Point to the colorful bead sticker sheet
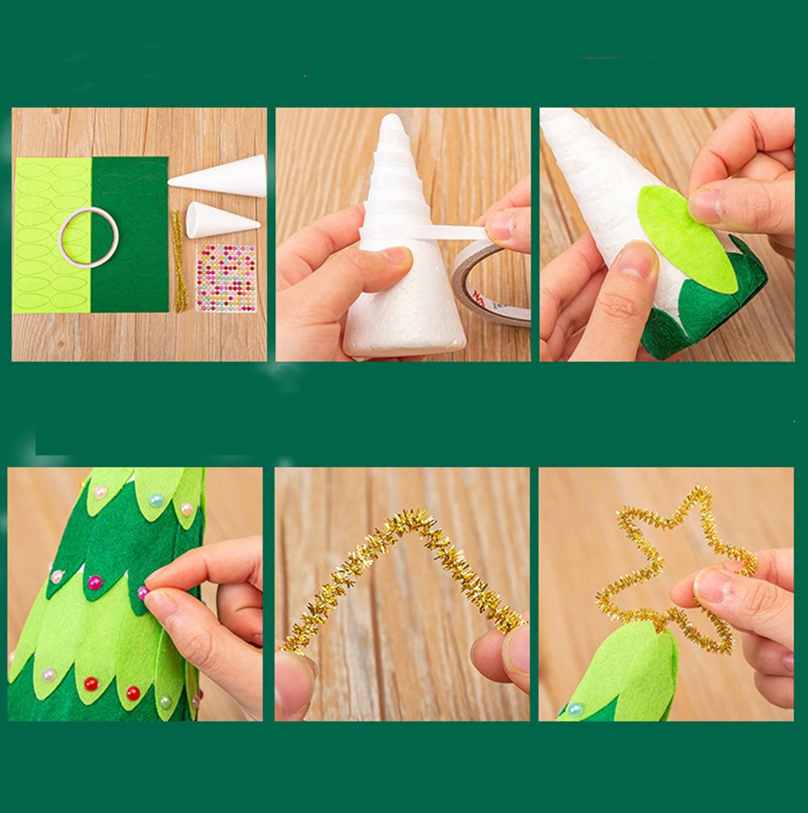[x=225, y=278]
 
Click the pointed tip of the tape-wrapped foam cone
[x=393, y=121]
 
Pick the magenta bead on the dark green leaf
[x=95, y=581]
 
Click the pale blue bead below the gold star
[x=574, y=709]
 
